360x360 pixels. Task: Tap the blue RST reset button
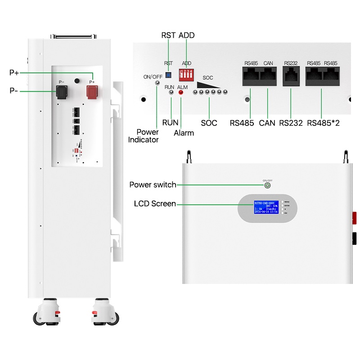click(x=168, y=74)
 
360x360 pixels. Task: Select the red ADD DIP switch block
click(x=186, y=73)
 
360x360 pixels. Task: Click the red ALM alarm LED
click(x=181, y=92)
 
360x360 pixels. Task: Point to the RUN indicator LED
click(x=171, y=92)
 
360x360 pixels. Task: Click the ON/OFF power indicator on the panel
click(x=157, y=83)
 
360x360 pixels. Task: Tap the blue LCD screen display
click(x=267, y=207)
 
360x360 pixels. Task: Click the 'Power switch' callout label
click(x=153, y=184)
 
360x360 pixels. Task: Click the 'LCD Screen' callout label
click(x=155, y=204)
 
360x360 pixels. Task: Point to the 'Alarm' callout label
click(x=184, y=133)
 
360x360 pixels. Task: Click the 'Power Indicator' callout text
click(x=144, y=136)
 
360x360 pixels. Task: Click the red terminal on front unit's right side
click(x=354, y=219)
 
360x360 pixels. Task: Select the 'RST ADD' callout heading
click(x=178, y=35)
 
